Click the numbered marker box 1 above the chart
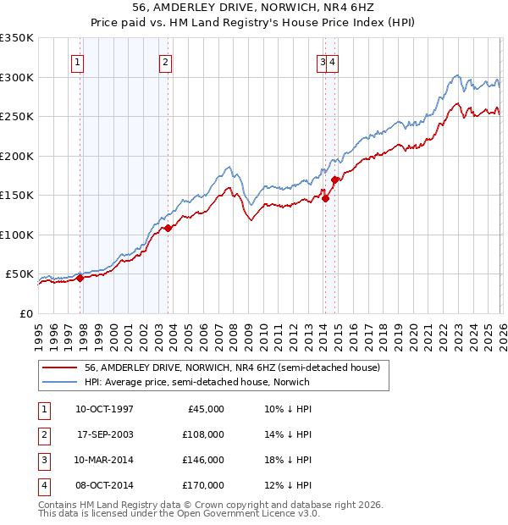tap(77, 61)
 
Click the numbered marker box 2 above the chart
tap(165, 61)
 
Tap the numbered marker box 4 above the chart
tap(334, 61)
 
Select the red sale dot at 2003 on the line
tap(168, 228)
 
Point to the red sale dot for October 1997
tap(80, 278)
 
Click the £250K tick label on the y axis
tap(17, 117)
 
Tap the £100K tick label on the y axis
tap(17, 235)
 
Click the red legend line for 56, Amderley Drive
tap(60, 368)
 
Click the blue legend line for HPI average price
tap(60, 382)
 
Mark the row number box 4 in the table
tap(43, 485)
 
